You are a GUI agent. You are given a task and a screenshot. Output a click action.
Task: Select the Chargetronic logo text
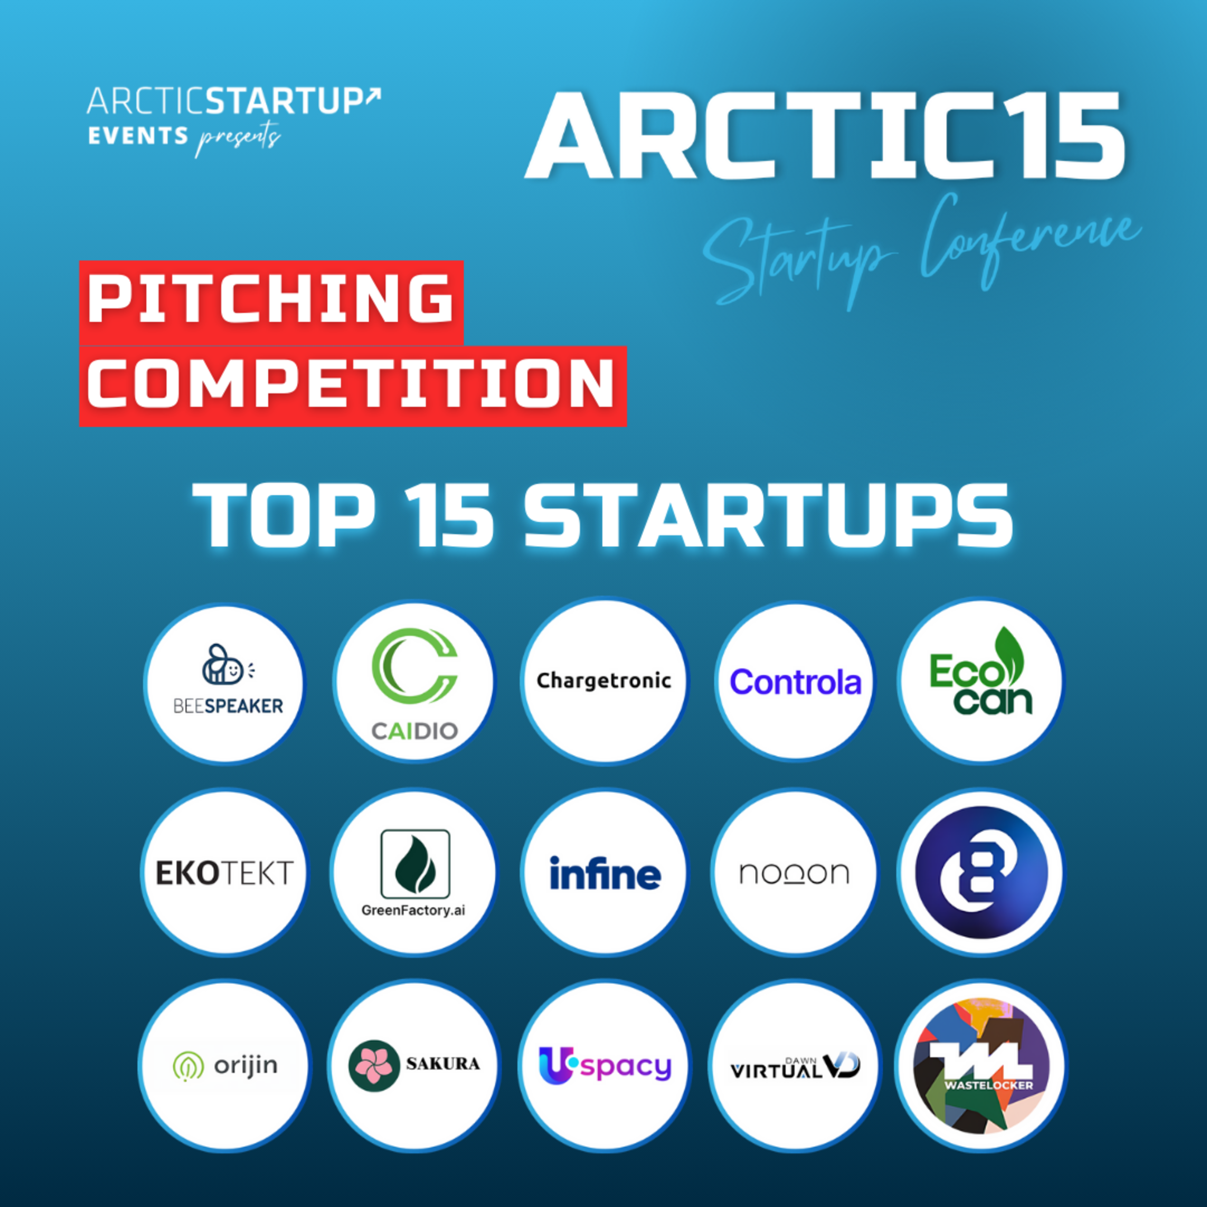pyautogui.click(x=603, y=681)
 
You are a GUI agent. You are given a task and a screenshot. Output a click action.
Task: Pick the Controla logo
pyautogui.click(x=795, y=682)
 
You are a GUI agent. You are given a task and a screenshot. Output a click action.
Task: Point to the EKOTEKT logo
pyautogui.click(x=224, y=873)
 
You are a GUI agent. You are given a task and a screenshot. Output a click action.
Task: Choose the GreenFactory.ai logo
pyautogui.click(x=414, y=872)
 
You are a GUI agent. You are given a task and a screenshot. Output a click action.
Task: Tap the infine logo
pyautogui.click(x=605, y=873)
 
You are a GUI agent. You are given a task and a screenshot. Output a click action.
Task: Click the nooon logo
pyautogui.click(x=794, y=873)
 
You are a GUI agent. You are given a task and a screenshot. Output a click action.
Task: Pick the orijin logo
pyautogui.click(x=225, y=1065)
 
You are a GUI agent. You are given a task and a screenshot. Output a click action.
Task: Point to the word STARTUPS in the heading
pyautogui.click(x=768, y=516)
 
